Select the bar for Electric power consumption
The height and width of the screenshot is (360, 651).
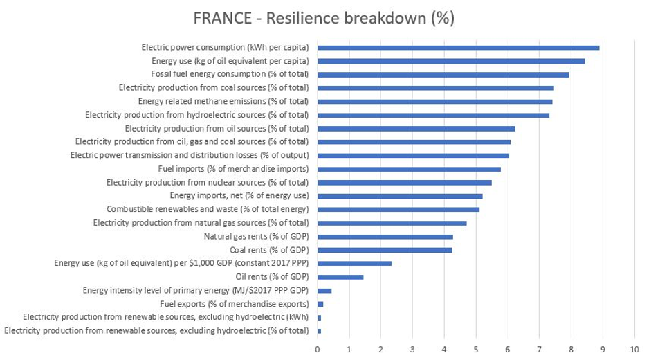click(x=458, y=47)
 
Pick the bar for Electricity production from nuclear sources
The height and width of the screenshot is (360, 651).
click(x=404, y=183)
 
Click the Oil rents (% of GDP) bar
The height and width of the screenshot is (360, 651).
click(x=340, y=277)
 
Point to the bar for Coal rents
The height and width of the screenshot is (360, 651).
click(x=385, y=250)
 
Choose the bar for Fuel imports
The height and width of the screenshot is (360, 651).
click(x=409, y=169)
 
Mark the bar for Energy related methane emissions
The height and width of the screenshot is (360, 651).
click(x=434, y=101)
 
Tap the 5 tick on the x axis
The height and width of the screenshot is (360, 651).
click(x=476, y=348)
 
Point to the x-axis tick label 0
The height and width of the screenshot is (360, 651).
click(x=318, y=348)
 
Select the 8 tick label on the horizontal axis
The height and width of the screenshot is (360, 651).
click(x=571, y=348)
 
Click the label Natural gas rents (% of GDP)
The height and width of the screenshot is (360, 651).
click(x=256, y=237)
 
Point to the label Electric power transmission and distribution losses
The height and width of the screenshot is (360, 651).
click(x=190, y=155)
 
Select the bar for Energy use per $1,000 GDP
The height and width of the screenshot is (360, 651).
click(x=354, y=264)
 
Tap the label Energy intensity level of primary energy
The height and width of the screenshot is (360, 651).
click(x=195, y=291)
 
